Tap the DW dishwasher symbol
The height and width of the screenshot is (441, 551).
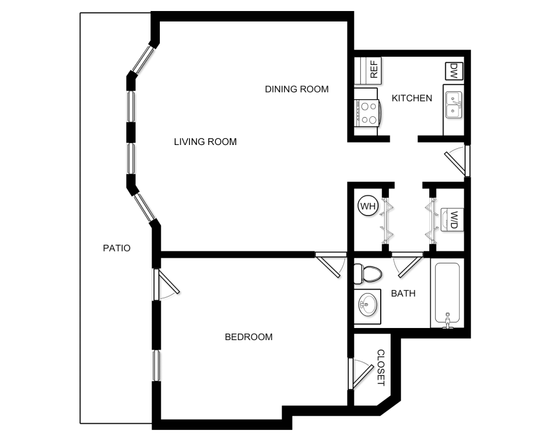[454, 71]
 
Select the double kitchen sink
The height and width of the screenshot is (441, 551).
[453, 104]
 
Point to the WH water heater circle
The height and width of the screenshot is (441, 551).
[367, 207]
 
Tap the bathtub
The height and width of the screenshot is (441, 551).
[449, 294]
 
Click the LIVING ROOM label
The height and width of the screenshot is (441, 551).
[205, 142]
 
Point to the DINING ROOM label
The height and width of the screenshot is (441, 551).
[296, 89]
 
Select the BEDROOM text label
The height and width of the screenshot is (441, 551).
[249, 337]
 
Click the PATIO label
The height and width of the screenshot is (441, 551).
[117, 248]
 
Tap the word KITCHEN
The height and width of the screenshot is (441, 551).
[412, 98]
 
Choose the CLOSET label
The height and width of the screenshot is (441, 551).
[381, 368]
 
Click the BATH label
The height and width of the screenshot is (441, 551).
[403, 293]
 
